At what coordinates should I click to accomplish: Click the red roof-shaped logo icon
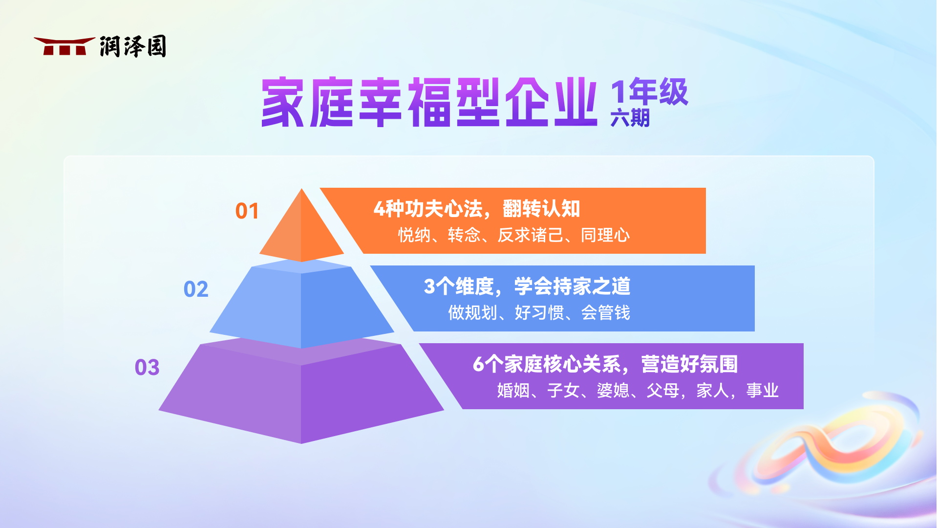point(64,46)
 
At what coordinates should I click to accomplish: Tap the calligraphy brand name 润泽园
point(133,46)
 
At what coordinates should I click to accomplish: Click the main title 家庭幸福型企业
point(429,102)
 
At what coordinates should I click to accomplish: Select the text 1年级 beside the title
point(649,92)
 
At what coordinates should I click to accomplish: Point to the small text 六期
point(630,118)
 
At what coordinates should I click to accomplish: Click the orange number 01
point(247,211)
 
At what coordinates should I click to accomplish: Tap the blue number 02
point(196,289)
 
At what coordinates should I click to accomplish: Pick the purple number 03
point(147,368)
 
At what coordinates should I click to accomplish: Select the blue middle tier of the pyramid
point(301,306)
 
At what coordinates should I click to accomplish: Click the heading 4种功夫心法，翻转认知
point(477,209)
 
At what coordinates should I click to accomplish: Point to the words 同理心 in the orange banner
point(605,235)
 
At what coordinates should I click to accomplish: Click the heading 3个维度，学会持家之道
point(527,286)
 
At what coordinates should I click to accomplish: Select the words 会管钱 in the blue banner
point(606,313)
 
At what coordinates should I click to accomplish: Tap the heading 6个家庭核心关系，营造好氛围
point(605,364)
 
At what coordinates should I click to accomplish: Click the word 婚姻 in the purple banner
point(513,391)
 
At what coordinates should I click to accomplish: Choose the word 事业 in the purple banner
point(763,391)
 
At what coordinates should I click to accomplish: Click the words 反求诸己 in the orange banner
point(531,235)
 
